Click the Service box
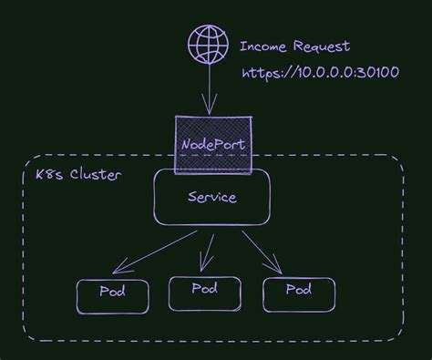click(211, 197)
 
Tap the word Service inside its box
click(211, 197)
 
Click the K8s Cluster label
click(70, 174)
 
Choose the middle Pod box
click(204, 292)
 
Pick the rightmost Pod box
click(299, 292)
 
